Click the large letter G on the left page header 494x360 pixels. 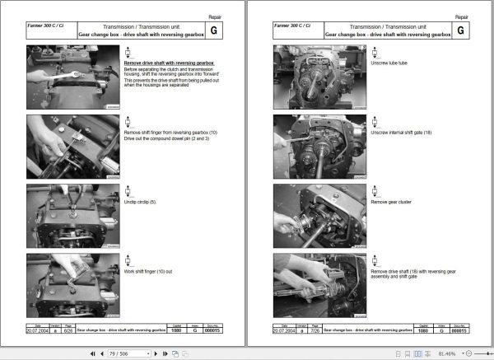tap(214, 30)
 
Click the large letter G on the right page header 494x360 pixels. tap(460, 30)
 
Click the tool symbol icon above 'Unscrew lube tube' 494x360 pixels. tap(373, 51)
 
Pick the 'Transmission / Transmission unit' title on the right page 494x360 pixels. tap(388, 26)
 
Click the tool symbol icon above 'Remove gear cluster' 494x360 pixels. tap(373, 190)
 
